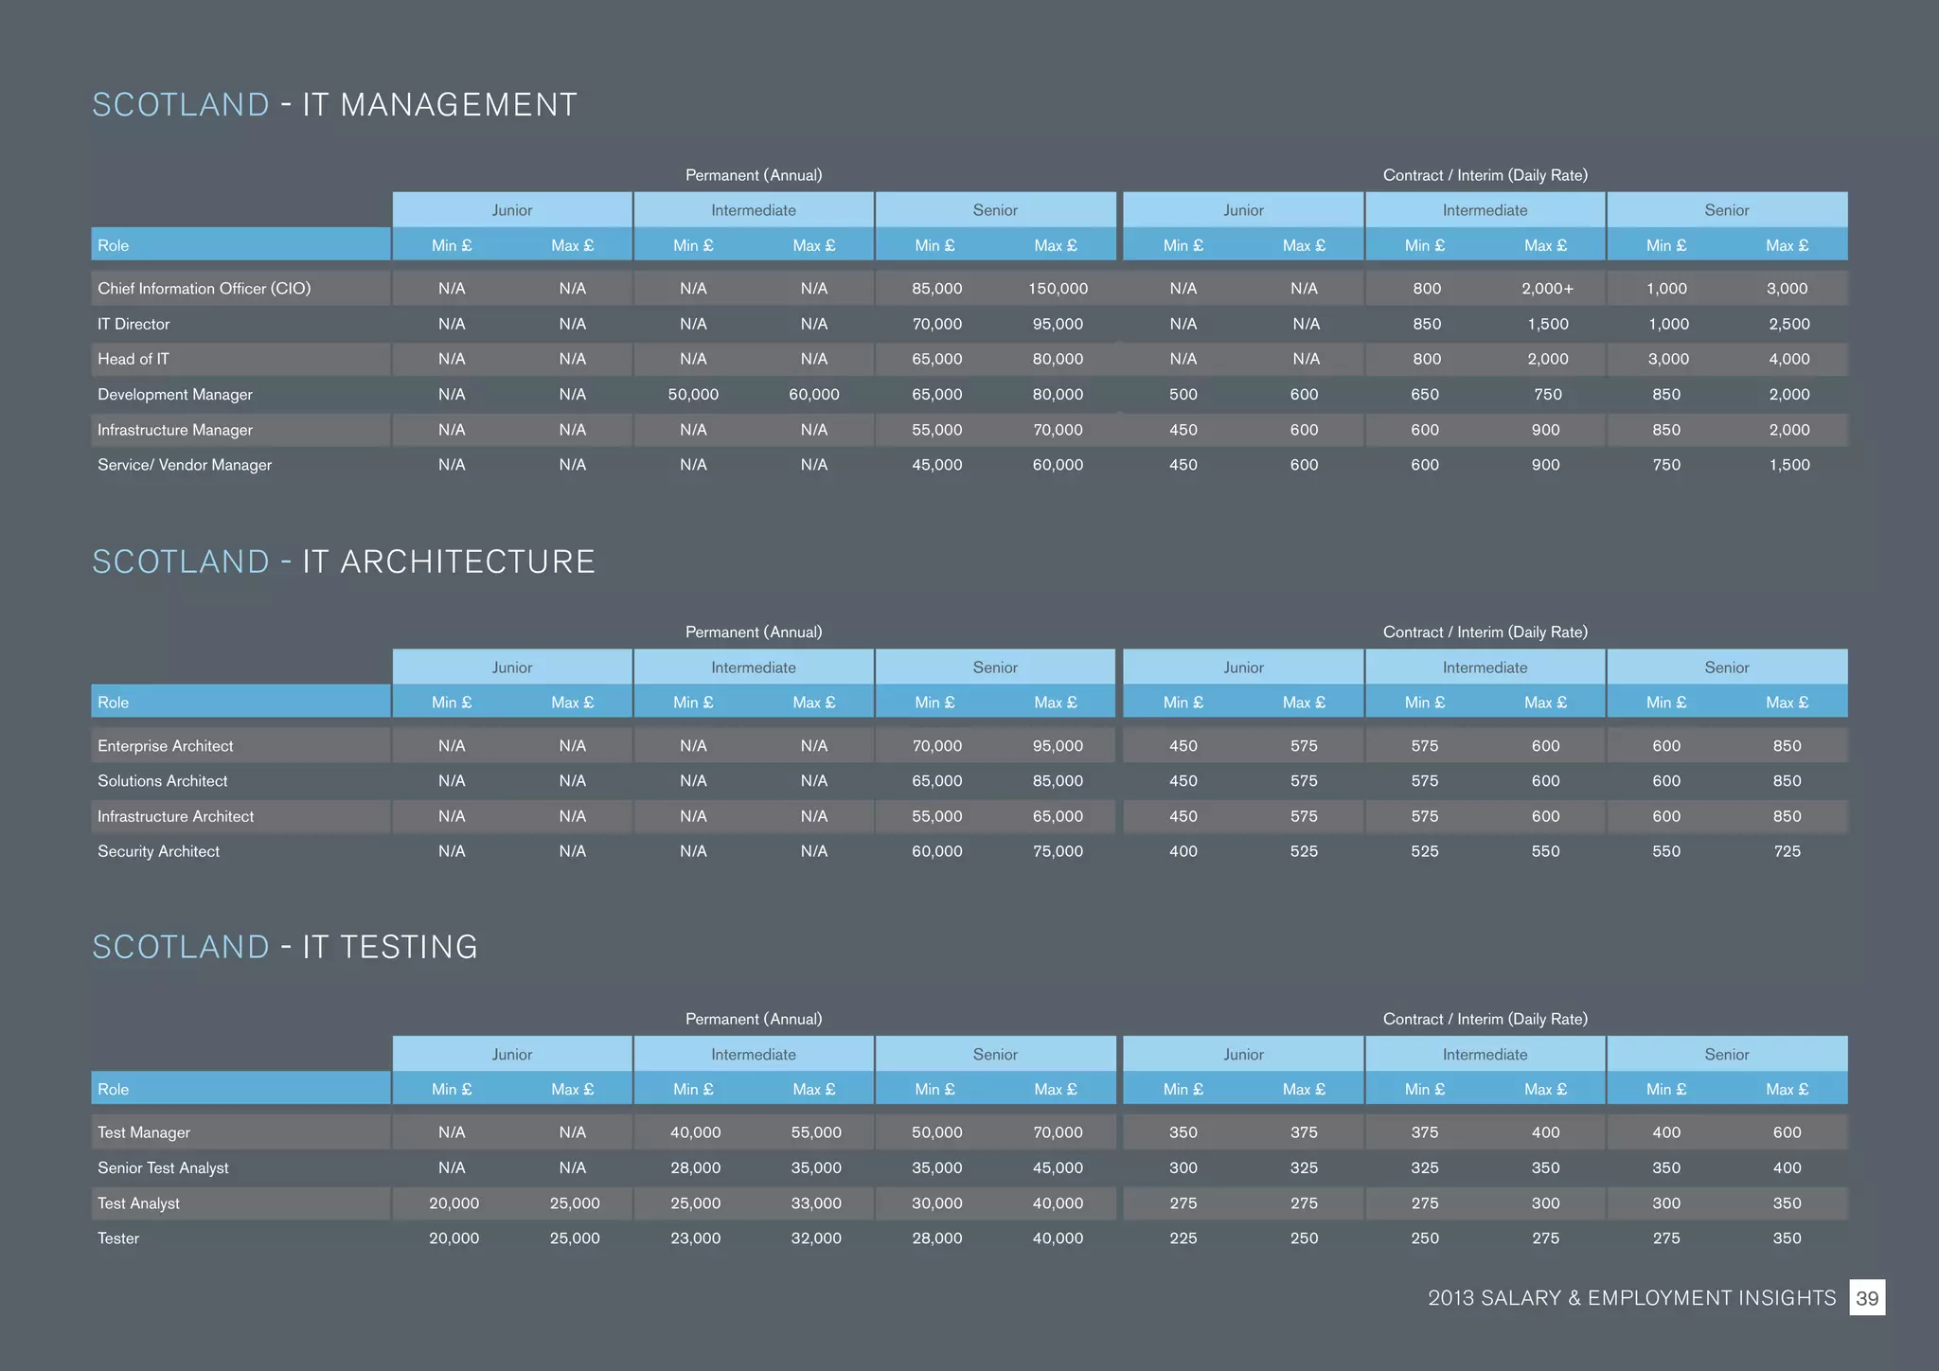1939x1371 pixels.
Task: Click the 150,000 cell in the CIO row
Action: [1058, 289]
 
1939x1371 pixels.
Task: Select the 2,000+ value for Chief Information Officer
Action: [1547, 289]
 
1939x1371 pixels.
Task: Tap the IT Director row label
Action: [133, 324]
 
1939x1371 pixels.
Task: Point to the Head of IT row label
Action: [133, 359]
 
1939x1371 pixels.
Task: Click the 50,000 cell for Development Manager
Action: [693, 394]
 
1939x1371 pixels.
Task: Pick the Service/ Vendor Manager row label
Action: [185, 465]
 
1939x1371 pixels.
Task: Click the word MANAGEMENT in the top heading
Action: [439, 105]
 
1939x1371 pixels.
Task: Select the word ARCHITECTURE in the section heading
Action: [449, 562]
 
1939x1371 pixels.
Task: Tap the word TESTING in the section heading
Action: [390, 948]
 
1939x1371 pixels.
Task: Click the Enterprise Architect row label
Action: [166, 746]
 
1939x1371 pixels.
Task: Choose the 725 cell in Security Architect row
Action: [1787, 851]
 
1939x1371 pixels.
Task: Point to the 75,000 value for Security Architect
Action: [1058, 851]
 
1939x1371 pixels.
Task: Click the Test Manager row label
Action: [144, 1132]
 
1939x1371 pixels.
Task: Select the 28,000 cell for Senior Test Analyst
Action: [695, 1167]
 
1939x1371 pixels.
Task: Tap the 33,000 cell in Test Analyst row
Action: [816, 1203]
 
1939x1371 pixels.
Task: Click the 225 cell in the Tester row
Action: [1183, 1238]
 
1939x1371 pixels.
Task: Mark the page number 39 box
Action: [1866, 1298]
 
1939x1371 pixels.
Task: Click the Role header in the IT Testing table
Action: [114, 1089]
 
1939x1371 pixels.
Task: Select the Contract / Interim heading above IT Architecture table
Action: [1485, 632]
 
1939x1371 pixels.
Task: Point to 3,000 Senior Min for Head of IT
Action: [1667, 359]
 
